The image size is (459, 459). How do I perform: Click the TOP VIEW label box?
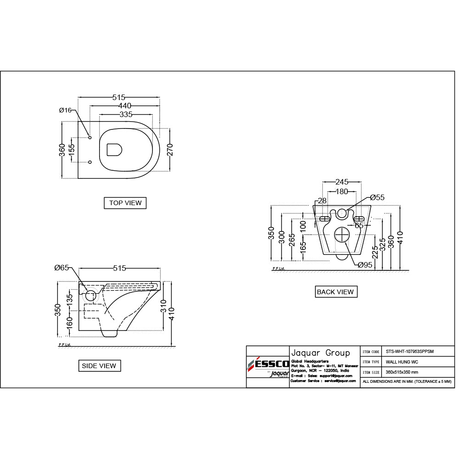pos(125,203)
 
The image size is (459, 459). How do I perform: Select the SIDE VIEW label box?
pos(99,366)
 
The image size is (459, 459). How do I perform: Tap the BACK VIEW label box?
pos(335,292)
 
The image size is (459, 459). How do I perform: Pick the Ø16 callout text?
pos(65,110)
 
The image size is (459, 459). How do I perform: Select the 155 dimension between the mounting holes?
pos(72,150)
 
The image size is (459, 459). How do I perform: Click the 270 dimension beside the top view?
pos(169,150)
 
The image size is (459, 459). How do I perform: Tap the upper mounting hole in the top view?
pos(90,138)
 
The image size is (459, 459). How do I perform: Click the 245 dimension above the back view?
pos(341,182)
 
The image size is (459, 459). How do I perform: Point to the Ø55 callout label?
pos(377,197)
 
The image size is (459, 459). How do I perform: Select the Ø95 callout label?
pos(365,265)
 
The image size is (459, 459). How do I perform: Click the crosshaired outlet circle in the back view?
pos(342,235)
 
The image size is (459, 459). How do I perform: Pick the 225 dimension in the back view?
pos(375,252)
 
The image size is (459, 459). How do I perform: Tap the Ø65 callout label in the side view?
pos(61,268)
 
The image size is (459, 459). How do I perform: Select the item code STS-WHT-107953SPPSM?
pos(409,352)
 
